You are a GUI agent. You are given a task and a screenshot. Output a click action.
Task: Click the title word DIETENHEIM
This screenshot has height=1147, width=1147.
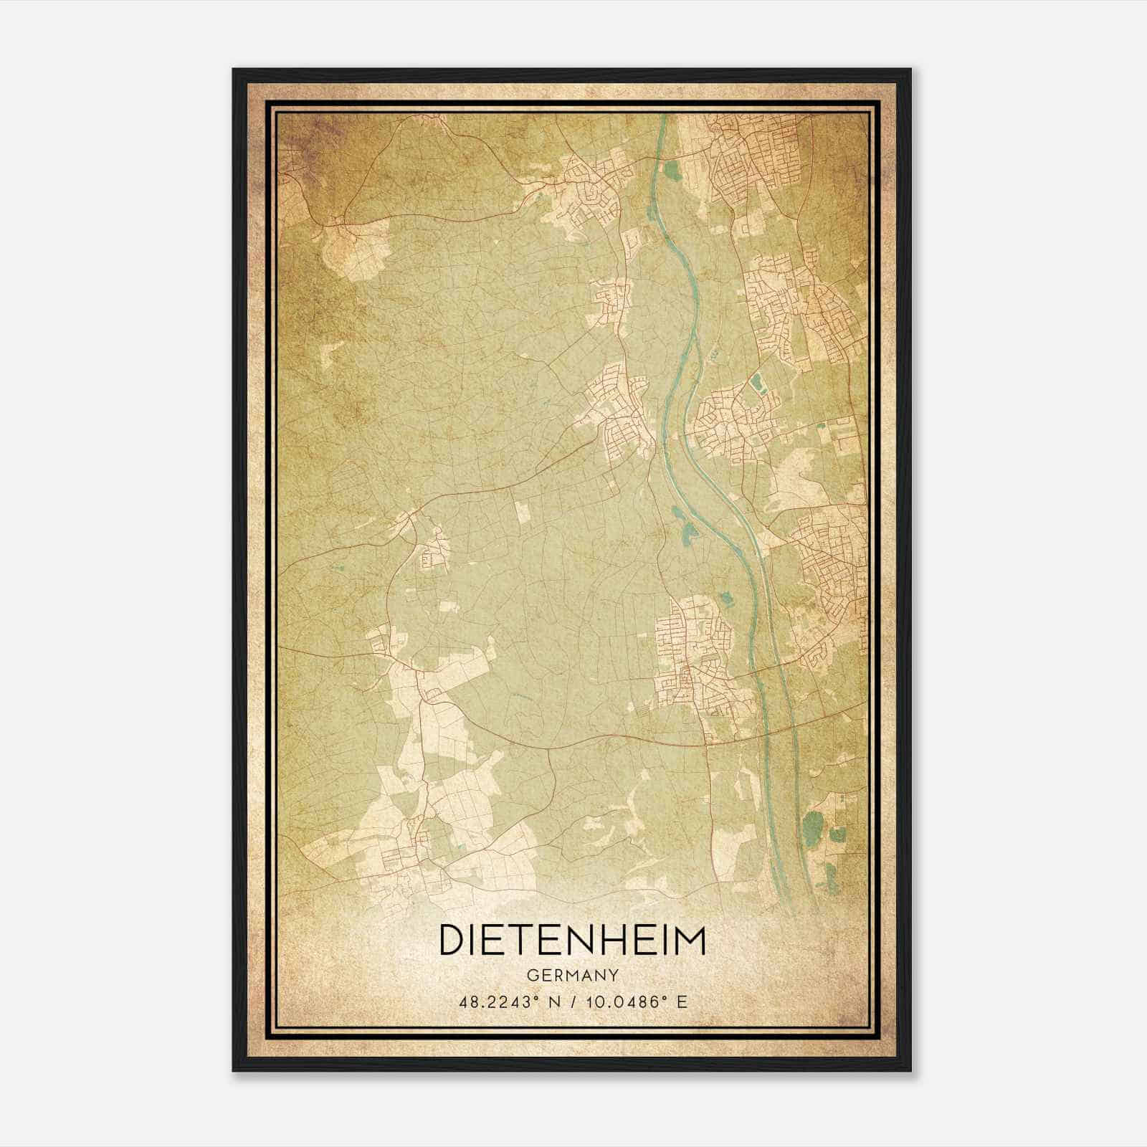pyautogui.click(x=572, y=941)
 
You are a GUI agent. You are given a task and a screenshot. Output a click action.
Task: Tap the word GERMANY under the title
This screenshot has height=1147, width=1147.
pyautogui.click(x=572, y=976)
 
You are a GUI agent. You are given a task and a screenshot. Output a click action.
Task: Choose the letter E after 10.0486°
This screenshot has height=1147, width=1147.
pyautogui.click(x=682, y=1002)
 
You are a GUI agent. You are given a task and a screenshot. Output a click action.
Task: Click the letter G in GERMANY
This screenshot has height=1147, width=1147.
pyautogui.click(x=532, y=976)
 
